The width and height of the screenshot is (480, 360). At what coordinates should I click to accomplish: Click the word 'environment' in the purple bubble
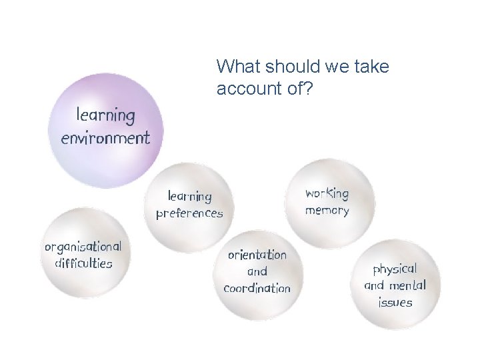[x=105, y=138]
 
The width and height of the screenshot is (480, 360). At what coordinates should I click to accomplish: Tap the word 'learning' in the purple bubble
[x=105, y=115]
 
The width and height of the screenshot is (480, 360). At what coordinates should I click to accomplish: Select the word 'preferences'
[x=189, y=214]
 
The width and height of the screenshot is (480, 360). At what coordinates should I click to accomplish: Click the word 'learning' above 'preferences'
[x=189, y=197]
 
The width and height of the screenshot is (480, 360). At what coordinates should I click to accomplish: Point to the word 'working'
[x=327, y=194]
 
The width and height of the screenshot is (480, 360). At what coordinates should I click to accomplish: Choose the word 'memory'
[x=327, y=211]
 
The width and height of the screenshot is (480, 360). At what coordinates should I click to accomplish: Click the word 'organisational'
[x=83, y=246]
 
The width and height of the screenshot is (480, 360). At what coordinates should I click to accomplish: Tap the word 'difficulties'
[x=83, y=263]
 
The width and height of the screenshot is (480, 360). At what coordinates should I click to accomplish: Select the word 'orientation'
[x=257, y=255]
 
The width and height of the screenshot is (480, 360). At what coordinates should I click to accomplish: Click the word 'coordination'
[x=257, y=289]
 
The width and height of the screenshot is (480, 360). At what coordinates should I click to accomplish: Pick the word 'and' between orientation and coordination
[x=257, y=272]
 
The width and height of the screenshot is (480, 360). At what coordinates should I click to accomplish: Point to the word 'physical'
[x=395, y=269]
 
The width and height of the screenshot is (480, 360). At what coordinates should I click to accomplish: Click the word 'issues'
[x=395, y=303]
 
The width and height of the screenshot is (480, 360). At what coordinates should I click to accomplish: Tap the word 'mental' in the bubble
[x=407, y=286]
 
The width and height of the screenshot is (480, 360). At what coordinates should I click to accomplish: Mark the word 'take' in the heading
[x=373, y=67]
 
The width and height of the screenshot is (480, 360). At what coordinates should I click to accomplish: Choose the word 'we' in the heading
[x=333, y=67]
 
